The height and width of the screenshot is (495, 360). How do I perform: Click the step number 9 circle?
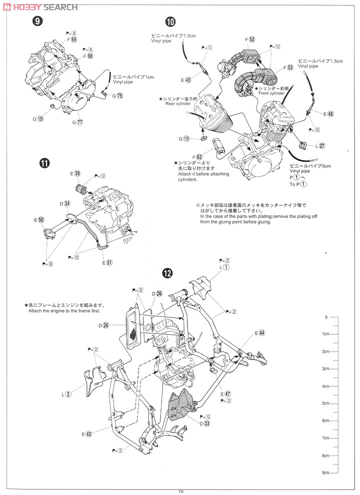tap(37, 21)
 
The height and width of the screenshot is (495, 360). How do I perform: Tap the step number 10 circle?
tap(170, 21)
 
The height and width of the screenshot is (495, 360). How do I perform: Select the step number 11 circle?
tap(44, 163)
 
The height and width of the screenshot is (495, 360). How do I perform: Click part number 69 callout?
tap(74, 39)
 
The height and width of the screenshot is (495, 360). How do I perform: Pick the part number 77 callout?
tap(79, 122)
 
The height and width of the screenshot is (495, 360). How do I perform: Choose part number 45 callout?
tap(187, 79)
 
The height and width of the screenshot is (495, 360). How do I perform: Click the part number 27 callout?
tap(322, 146)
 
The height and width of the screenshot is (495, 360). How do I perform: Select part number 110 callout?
tap(186, 139)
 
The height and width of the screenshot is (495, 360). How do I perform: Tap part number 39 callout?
tap(77, 173)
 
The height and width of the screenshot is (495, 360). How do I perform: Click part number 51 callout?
tap(109, 262)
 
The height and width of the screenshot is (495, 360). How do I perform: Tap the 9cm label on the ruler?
tap(325, 472)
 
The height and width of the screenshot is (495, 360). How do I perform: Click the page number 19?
tap(180, 490)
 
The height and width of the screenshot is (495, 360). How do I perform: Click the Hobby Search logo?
tap(40, 7)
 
